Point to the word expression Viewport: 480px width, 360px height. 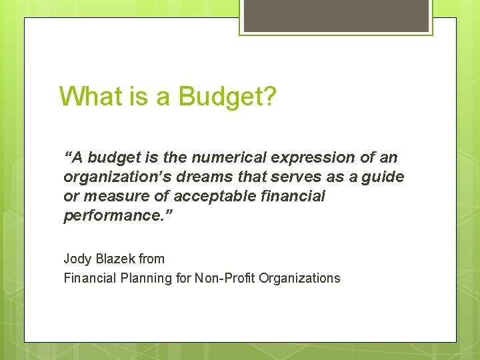311,158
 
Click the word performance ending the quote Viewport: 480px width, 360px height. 113,216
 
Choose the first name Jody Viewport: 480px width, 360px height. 77,259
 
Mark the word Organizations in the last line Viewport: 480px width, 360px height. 299,278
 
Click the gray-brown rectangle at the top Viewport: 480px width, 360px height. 336,15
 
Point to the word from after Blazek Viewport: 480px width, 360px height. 153,258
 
